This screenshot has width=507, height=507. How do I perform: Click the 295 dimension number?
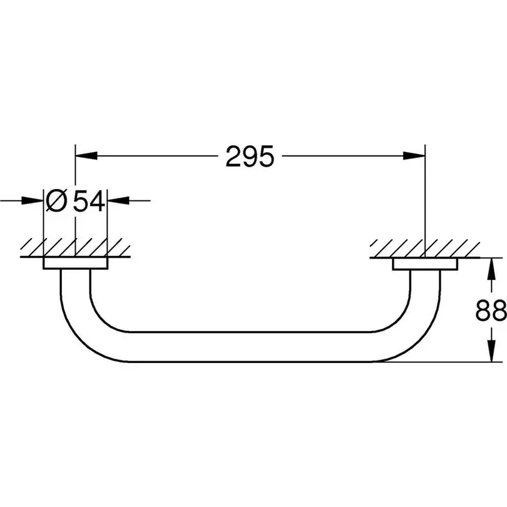pos(250,156)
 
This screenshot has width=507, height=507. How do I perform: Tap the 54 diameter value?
pos(89,200)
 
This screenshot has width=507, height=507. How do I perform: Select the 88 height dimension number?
pos(491,310)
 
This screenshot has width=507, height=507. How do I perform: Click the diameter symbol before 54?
pos(56,200)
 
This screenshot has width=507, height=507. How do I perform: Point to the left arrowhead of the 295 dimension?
pos(86,156)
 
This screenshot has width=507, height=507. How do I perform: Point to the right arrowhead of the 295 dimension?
pos(414,156)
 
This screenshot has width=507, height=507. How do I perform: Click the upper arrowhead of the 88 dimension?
pos(491,269)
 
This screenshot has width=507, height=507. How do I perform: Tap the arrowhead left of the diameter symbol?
pos(33,200)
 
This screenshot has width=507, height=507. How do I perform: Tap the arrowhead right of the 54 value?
pos(118,200)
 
